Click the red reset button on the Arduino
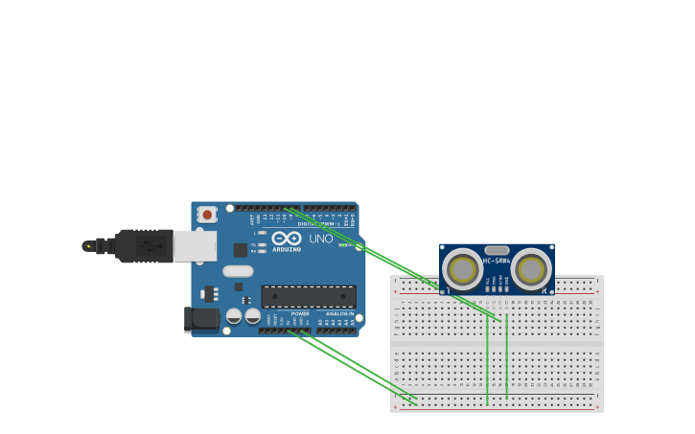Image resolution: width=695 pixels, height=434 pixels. [207, 215]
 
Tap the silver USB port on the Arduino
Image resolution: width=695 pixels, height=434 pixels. [195, 246]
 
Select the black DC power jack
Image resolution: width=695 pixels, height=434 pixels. [201, 319]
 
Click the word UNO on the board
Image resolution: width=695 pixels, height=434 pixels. [321, 239]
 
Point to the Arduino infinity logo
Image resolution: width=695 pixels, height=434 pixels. [287, 238]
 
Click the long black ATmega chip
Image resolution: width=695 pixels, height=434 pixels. [309, 296]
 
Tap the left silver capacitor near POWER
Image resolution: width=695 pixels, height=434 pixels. [234, 315]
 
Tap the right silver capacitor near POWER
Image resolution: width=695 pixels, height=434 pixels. [252, 315]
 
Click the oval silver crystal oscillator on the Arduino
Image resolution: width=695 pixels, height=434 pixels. [238, 271]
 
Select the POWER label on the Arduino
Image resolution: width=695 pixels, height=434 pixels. [300, 313]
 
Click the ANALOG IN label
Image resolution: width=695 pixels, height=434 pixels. [339, 313]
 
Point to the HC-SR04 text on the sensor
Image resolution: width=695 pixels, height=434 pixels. [497, 261]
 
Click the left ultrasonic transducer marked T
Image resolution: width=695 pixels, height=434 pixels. [463, 270]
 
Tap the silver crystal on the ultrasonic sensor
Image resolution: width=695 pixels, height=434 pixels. [497, 250]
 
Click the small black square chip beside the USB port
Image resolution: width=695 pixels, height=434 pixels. [240, 250]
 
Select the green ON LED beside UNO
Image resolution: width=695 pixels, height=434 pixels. [343, 245]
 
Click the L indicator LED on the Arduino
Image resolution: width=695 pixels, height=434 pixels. [262, 232]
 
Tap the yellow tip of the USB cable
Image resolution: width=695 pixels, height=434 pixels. [88, 246]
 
